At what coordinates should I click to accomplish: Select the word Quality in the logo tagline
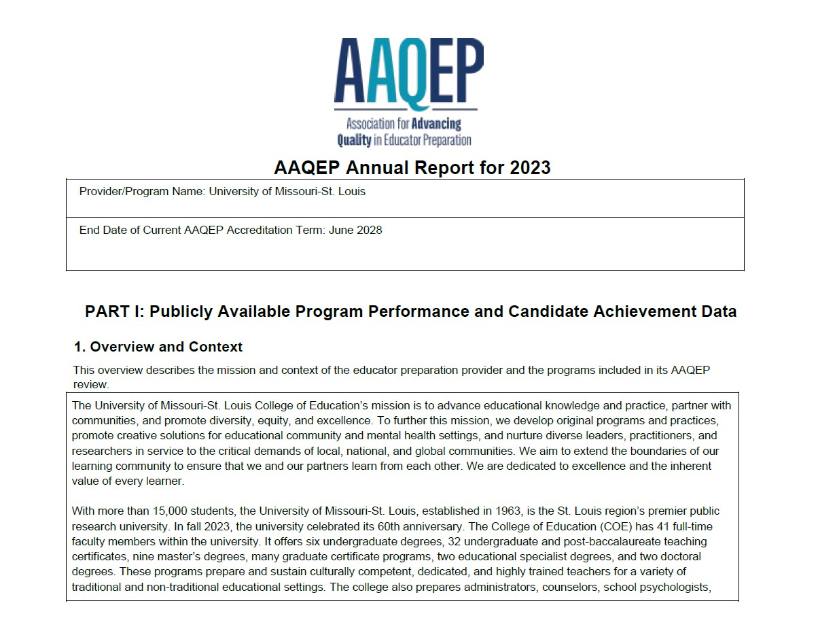pyautogui.click(x=354, y=140)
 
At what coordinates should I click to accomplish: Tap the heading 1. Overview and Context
pyautogui.click(x=158, y=347)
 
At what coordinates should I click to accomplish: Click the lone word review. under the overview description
pyautogui.click(x=91, y=384)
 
